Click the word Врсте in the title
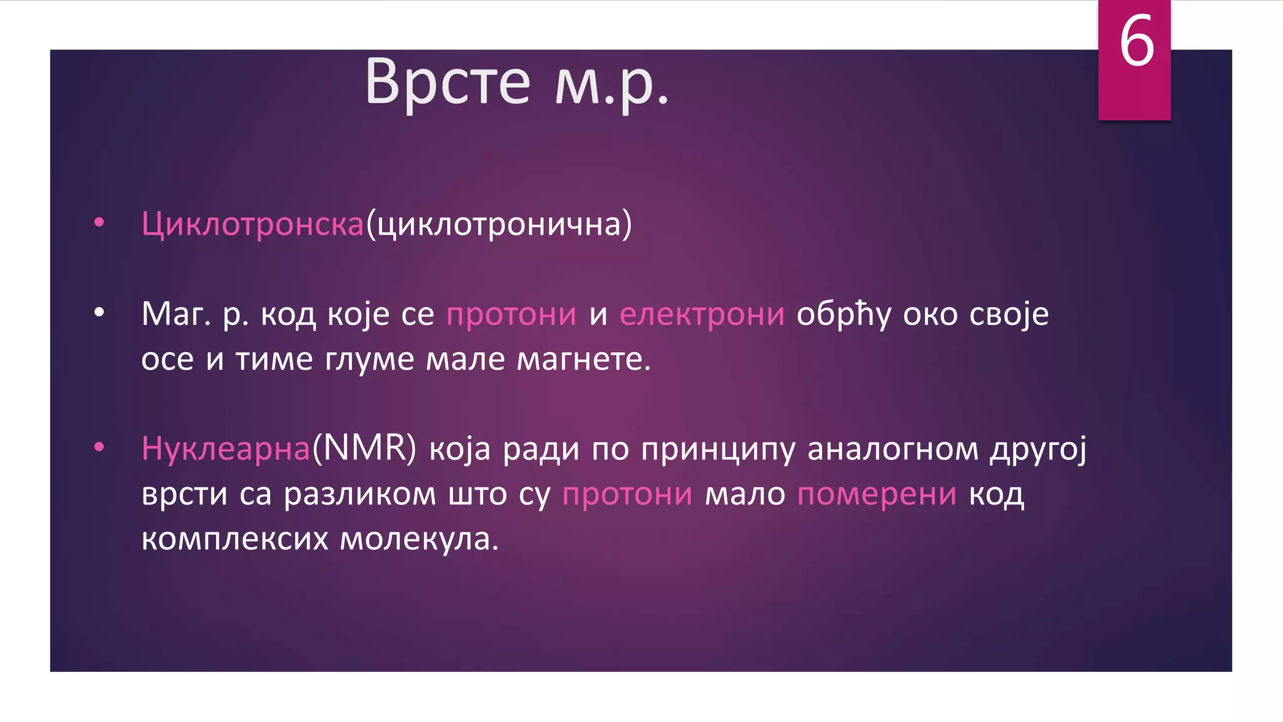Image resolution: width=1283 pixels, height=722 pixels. coord(447,81)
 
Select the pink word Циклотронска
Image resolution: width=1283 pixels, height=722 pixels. coord(252,224)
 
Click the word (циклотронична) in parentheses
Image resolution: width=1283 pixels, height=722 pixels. coord(499,224)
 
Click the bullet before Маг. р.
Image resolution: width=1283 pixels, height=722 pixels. coord(99,312)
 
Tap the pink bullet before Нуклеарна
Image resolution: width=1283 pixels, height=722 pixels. coord(99,447)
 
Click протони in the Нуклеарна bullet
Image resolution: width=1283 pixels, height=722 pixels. coord(627,494)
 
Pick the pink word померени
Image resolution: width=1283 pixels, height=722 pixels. coord(876,494)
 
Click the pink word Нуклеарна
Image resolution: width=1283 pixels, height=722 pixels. coord(226,449)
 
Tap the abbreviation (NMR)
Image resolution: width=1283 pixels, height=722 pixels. coord(364,449)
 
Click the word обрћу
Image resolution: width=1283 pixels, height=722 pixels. coord(843,315)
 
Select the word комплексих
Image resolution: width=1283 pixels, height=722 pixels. coord(235,539)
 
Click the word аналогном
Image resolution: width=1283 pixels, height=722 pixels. coord(893,449)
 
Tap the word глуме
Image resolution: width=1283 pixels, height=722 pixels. coord(369,360)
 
